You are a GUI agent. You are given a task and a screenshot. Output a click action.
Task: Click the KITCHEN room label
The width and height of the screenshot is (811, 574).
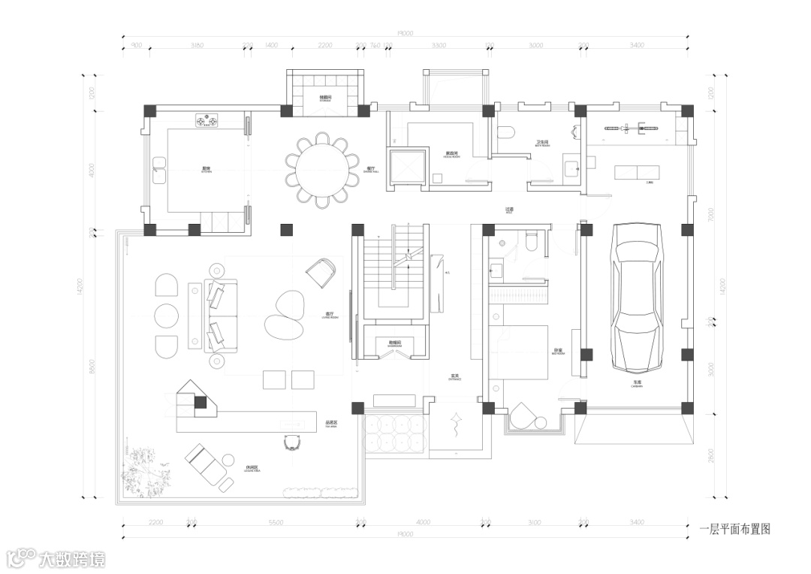click(x=207, y=169)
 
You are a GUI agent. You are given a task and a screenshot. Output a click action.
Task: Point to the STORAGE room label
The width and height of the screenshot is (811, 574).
click(x=326, y=98)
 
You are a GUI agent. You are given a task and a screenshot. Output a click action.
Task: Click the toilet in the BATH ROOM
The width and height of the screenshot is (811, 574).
click(x=507, y=132)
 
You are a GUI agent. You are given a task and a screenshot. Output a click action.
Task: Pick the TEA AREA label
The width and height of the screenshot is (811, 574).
click(x=331, y=423)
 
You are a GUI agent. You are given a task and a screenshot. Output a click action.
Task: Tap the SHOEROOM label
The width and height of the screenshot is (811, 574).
click(x=394, y=343)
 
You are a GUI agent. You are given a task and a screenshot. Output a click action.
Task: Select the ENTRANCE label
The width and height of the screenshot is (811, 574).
click(x=455, y=377)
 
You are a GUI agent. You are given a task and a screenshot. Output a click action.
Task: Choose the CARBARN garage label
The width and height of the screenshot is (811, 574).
click(x=636, y=383)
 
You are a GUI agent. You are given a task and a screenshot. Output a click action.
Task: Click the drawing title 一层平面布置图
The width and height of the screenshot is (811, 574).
click(x=734, y=529)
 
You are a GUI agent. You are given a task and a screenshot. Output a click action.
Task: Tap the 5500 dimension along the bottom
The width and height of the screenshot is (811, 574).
click(x=276, y=521)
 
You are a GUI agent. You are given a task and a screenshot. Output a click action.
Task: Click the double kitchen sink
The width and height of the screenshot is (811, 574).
click(x=159, y=170)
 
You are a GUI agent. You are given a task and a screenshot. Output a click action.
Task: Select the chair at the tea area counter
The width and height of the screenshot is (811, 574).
click(x=294, y=443)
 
